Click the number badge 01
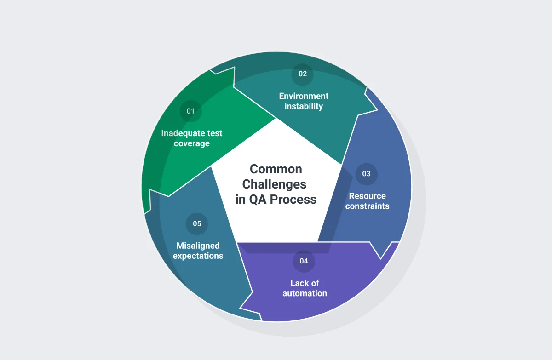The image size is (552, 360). click(191, 111)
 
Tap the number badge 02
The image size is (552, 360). click(303, 74)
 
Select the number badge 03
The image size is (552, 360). click(367, 174)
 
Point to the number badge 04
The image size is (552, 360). click(304, 261)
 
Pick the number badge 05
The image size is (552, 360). click(197, 223)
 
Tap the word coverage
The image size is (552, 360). click(192, 143)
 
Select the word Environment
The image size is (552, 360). click(304, 96)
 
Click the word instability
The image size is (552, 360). click(304, 106)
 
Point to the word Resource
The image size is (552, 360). click(368, 196)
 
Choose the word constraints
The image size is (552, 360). click(367, 206)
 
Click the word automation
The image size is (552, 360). click(305, 293)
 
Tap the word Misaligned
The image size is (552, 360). click(198, 246)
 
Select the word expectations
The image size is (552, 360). click(198, 256)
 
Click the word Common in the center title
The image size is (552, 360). click(276, 169)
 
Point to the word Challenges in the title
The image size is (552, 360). click(274, 184)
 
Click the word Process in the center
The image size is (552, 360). click(293, 200)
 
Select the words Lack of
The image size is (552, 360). click(305, 283)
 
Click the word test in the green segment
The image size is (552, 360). click(215, 133)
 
